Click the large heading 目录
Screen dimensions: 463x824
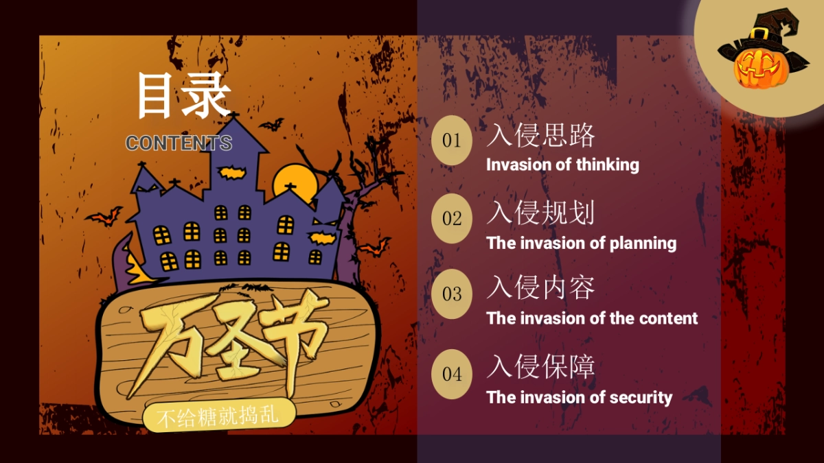pyautogui.click(x=183, y=95)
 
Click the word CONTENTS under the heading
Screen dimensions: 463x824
pyautogui.click(x=179, y=143)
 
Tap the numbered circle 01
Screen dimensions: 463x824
pyautogui.click(x=452, y=141)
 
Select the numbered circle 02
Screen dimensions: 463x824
pyautogui.click(x=452, y=219)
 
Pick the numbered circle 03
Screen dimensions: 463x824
pyautogui.click(x=452, y=294)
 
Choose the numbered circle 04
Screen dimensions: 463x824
pyautogui.click(x=452, y=374)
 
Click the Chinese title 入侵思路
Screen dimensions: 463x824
pyautogui.click(x=540, y=135)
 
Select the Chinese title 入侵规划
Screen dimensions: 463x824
pyautogui.click(x=540, y=213)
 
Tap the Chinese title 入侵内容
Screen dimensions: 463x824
pyautogui.click(x=540, y=288)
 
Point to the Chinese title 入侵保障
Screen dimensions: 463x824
pyautogui.click(x=540, y=367)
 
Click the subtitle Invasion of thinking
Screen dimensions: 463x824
pyautogui.click(x=562, y=165)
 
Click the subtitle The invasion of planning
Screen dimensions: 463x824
pyautogui.click(x=581, y=243)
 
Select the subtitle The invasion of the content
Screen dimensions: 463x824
pyautogui.click(x=592, y=318)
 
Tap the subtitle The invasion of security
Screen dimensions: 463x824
pyautogui.click(x=579, y=397)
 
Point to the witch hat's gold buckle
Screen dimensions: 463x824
pyautogui.click(x=759, y=34)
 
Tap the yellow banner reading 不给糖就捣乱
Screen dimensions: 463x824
pyautogui.click(x=218, y=416)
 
